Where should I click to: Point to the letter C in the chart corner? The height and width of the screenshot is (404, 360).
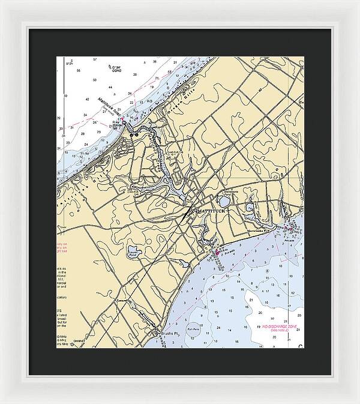click(300, 346)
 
